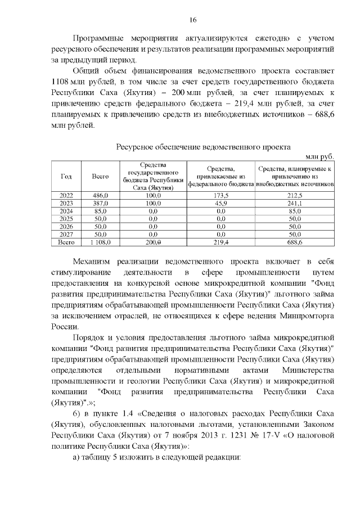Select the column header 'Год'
pos(66,176)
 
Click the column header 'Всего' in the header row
pos(100,176)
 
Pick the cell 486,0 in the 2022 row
pos(100,195)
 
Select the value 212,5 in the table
pos(295,195)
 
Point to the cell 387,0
pos(100,202)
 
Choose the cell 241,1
pos(295,202)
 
